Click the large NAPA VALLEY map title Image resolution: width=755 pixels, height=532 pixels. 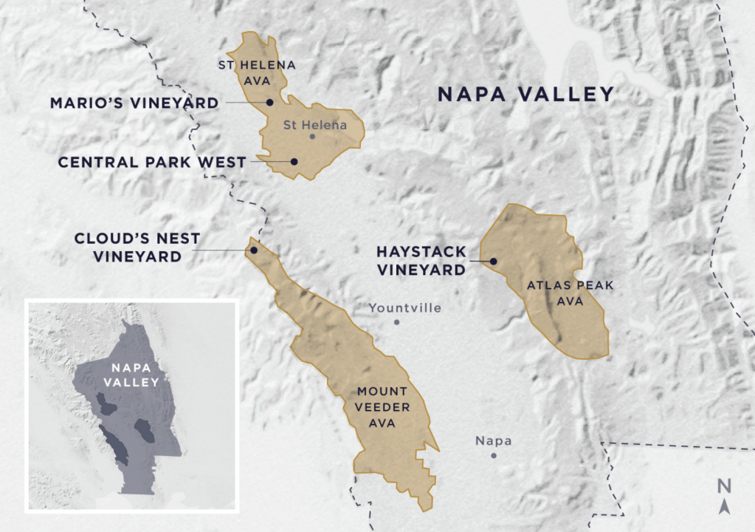tap(525, 95)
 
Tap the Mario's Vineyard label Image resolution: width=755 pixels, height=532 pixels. tap(134, 103)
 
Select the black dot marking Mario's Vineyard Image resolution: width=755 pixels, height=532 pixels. tap(270, 103)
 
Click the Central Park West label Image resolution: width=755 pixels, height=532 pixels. tap(151, 162)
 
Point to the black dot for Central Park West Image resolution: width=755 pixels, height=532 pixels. tap(294, 161)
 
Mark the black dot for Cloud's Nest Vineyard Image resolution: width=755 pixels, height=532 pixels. tap(253, 250)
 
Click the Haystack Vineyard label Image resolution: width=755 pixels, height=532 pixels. tap(421, 261)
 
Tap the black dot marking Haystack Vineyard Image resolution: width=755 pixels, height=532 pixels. tap(493, 261)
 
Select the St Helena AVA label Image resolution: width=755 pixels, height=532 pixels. tap(256, 72)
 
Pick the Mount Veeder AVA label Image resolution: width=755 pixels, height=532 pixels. tap(383, 406)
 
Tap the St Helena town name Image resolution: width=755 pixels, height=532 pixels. tap(314, 125)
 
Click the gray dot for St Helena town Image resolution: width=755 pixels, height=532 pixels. tap(312, 137)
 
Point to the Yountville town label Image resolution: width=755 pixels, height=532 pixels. tap(404, 308)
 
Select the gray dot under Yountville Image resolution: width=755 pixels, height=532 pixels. tap(396, 322)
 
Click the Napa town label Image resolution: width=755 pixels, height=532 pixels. tap(493, 441)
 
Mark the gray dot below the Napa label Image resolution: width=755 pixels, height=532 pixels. tap(494, 455)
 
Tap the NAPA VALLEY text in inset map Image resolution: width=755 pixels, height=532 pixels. tap(131, 374)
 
